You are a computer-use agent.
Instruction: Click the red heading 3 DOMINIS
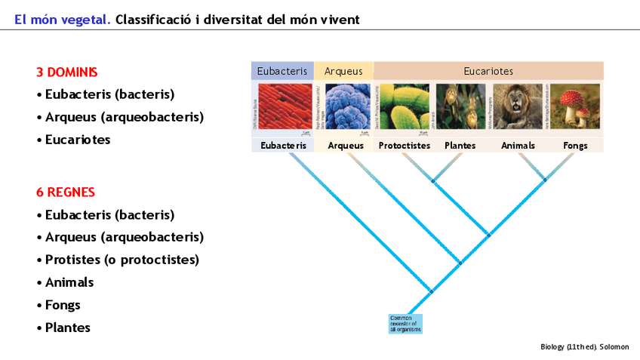(x=67, y=72)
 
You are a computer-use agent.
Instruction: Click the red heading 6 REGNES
(x=66, y=192)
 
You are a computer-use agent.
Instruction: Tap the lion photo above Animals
(x=518, y=107)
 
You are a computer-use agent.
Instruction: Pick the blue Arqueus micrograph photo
(x=346, y=107)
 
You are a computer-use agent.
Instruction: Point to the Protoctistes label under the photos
(x=404, y=146)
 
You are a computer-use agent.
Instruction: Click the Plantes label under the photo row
(x=460, y=146)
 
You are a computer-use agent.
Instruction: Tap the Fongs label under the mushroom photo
(x=575, y=146)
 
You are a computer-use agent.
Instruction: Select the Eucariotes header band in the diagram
(x=488, y=71)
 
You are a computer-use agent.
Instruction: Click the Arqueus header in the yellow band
(x=343, y=71)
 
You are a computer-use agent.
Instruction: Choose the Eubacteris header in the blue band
(x=282, y=71)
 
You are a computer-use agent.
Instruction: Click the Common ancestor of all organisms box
(x=405, y=324)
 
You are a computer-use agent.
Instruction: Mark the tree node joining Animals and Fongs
(x=546, y=180)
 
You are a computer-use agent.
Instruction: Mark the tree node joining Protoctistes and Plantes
(x=432, y=181)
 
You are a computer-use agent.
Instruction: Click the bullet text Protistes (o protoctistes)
(x=122, y=260)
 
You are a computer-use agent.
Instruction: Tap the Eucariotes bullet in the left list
(x=78, y=140)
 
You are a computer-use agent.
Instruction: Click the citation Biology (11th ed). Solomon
(x=584, y=346)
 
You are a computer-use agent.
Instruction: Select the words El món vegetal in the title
(x=63, y=19)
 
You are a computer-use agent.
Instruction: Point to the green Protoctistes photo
(x=404, y=107)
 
